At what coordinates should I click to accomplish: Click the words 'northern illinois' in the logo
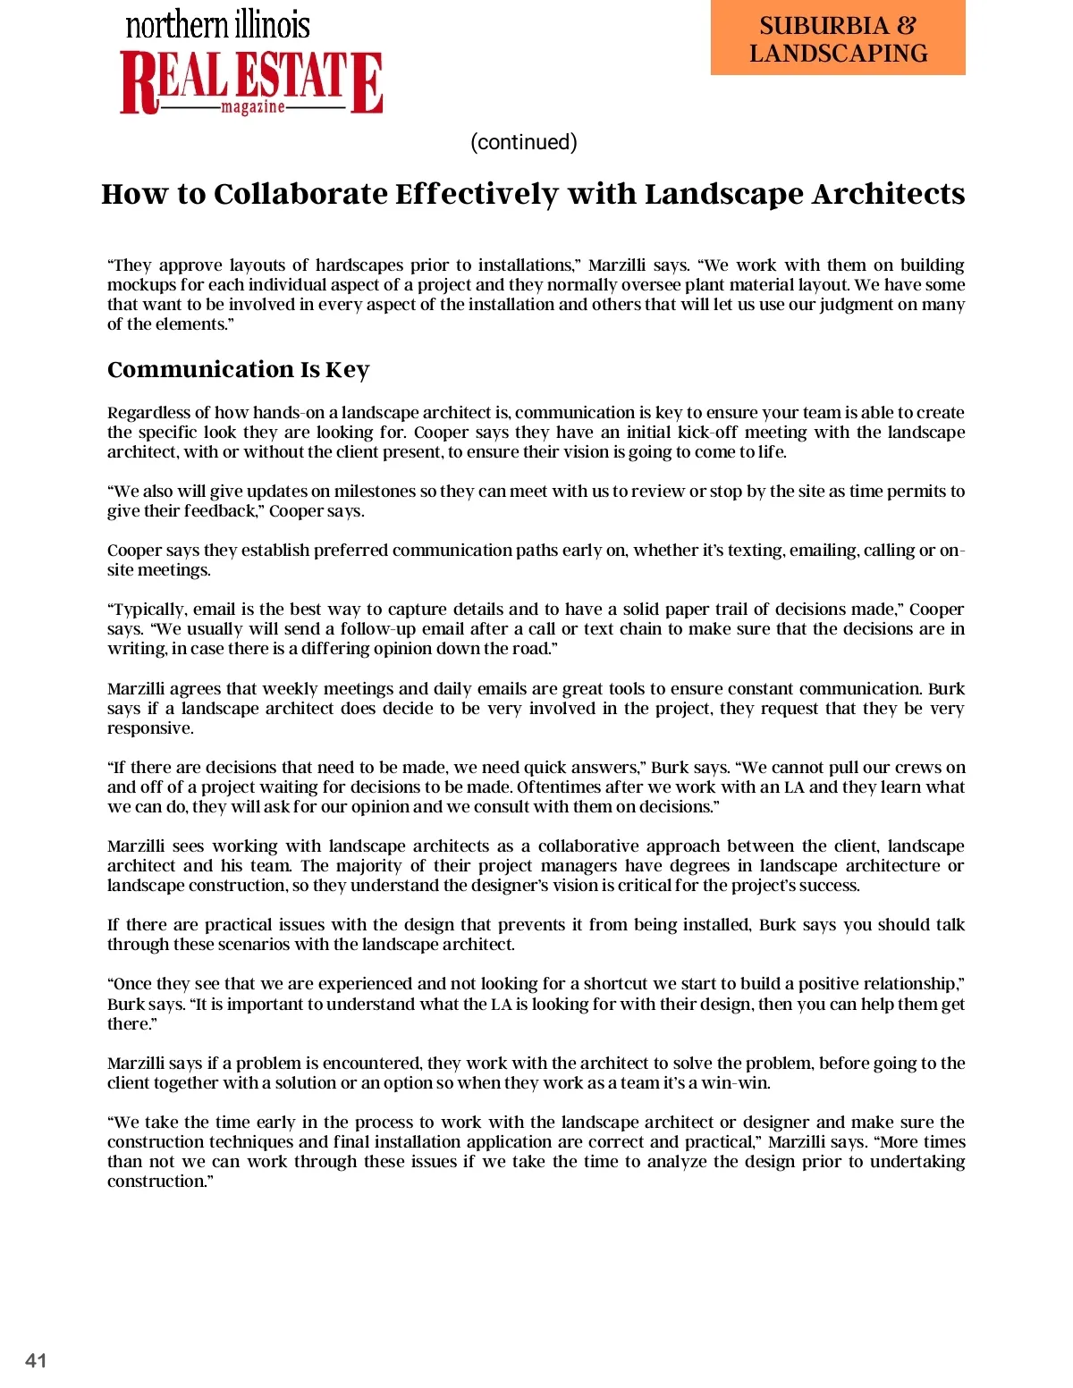click(x=217, y=25)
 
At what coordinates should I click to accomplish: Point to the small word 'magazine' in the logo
click(x=252, y=107)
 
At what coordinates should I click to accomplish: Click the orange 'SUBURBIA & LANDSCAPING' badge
click(x=838, y=38)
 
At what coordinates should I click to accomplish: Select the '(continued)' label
click(x=524, y=142)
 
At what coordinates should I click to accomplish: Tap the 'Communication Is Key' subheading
click(x=238, y=369)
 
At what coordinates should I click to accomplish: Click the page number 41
click(x=36, y=1360)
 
